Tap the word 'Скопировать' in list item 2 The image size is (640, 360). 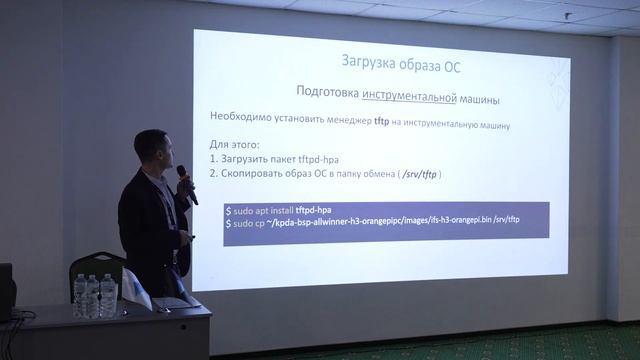point(257,174)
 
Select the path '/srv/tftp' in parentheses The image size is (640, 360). point(417,174)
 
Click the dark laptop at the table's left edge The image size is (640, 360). point(6,291)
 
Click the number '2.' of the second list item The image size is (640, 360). point(214,174)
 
